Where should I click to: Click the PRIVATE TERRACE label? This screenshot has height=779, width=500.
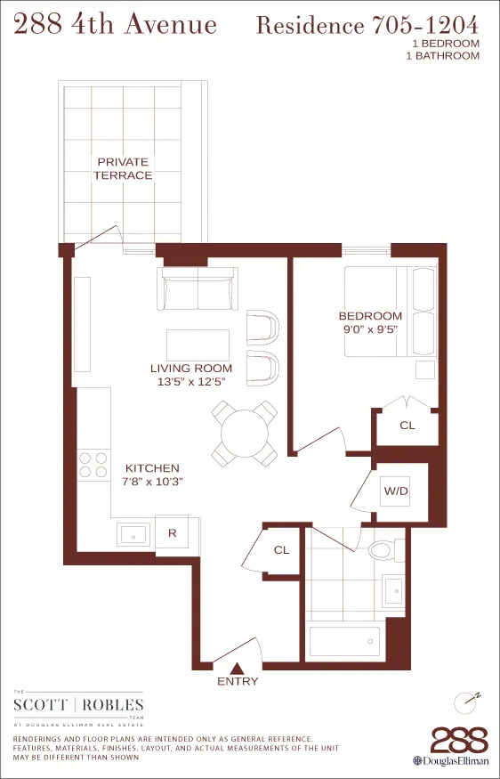point(125,168)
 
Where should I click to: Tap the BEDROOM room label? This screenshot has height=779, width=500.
point(370,316)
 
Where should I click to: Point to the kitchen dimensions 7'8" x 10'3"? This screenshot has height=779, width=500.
point(152,482)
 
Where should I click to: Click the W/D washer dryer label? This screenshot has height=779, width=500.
point(395,491)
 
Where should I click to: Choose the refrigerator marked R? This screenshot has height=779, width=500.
point(173,534)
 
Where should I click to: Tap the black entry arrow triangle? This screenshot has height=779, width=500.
point(237,667)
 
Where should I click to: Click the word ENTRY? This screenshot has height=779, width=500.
point(238,682)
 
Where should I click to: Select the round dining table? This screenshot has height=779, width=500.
point(244,433)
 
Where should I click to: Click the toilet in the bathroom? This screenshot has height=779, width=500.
point(383,549)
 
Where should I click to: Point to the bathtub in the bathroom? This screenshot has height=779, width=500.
point(344,641)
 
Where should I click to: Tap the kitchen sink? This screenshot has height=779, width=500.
point(133,534)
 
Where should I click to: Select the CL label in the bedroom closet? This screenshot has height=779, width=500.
point(407,426)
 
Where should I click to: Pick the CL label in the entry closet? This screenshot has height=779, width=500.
point(281,550)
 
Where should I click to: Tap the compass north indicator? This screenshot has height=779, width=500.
point(467,702)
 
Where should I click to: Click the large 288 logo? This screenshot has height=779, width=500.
point(459,741)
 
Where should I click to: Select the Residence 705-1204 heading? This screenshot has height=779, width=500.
point(367,25)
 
